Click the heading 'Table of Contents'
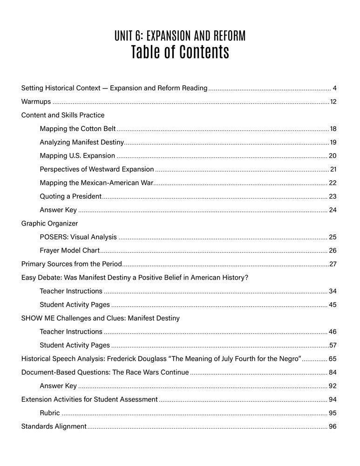pos(180,52)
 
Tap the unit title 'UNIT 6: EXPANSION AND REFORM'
pos(180,36)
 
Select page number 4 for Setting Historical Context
pos(335,88)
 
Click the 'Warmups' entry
pos(36,102)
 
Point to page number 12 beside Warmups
pos(333,102)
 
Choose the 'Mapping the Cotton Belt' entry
pos(78,129)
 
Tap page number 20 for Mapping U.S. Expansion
pos(333,156)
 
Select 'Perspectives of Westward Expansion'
pos(97,169)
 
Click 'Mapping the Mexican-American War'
pos(96,183)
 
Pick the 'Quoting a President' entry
pos(70,196)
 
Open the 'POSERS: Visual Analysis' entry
pos(78,237)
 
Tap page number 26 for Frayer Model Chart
pos(333,250)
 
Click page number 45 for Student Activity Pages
pos(333,305)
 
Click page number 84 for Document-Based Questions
pos(333,372)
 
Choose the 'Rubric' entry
pos(50,413)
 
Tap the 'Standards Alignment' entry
pos(54,426)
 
